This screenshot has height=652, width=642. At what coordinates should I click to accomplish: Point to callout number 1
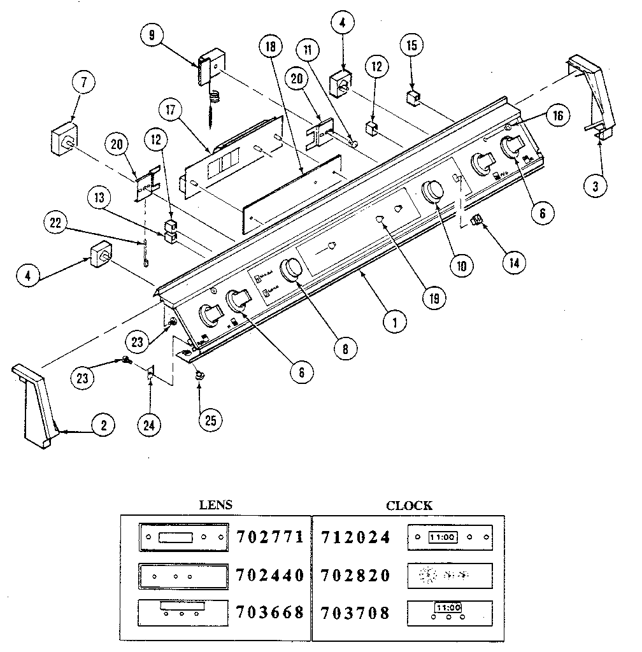coord(395,322)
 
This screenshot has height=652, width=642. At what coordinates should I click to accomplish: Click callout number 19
coord(436,296)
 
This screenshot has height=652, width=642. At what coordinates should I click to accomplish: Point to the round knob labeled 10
coord(433,192)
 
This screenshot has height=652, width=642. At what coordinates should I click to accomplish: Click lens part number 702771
coord(270,537)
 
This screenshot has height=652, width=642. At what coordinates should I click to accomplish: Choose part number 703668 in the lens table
coord(270,613)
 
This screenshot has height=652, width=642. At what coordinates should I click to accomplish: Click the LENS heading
coord(216,506)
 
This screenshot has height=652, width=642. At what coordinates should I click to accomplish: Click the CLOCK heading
coord(409,506)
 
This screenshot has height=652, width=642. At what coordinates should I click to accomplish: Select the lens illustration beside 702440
coord(182,576)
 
